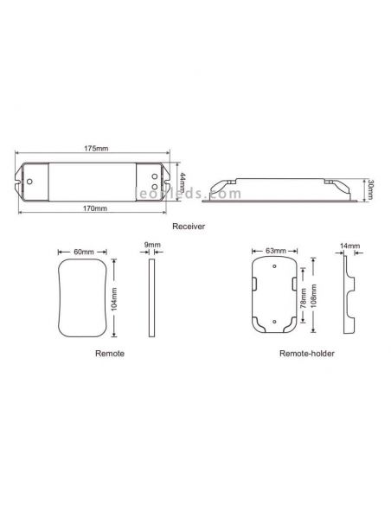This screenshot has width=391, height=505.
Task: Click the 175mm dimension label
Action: point(96,149)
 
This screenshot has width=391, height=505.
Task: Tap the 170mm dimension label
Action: point(94,208)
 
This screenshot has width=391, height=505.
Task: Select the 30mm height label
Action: point(370,189)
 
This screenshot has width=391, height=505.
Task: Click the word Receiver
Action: point(189,226)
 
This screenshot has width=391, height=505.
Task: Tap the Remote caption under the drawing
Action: point(110,354)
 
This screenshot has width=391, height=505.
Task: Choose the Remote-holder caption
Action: point(306,354)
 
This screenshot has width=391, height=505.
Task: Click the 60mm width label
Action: point(84,252)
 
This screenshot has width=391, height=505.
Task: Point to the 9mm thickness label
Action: point(152,245)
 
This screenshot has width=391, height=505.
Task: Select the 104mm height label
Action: point(114,299)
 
